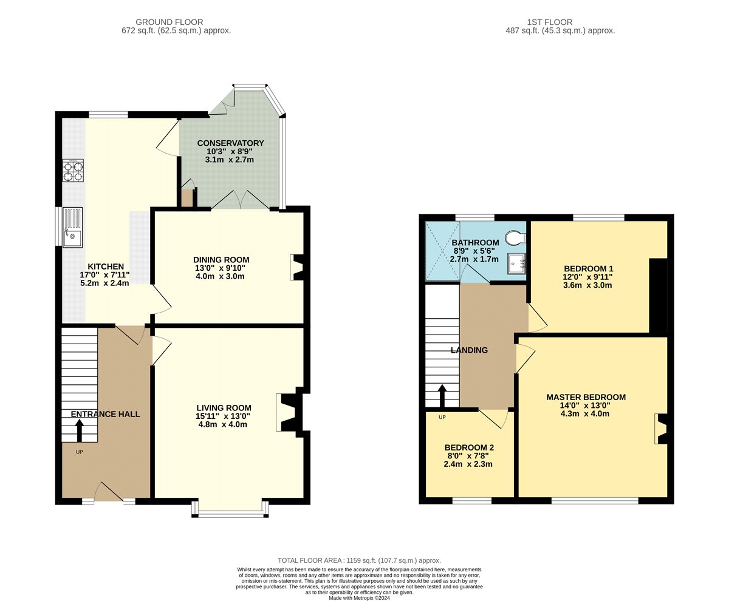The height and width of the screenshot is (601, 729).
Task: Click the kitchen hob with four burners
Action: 74,171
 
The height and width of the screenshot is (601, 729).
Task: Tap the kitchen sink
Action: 72,228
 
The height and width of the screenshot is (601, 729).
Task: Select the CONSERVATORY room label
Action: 230,143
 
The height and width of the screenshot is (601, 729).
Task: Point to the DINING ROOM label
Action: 221,260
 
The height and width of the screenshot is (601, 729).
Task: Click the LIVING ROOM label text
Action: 224,408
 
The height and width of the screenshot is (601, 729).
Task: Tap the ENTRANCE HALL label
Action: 106,415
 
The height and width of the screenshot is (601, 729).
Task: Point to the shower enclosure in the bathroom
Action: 442,251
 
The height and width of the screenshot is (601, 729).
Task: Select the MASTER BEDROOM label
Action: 586,398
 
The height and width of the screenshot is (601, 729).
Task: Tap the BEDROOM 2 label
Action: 469,448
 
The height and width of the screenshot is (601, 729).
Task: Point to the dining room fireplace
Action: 297,267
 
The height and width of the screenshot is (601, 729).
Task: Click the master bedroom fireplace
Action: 661,429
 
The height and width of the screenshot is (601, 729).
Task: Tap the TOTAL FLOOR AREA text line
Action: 359,561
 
